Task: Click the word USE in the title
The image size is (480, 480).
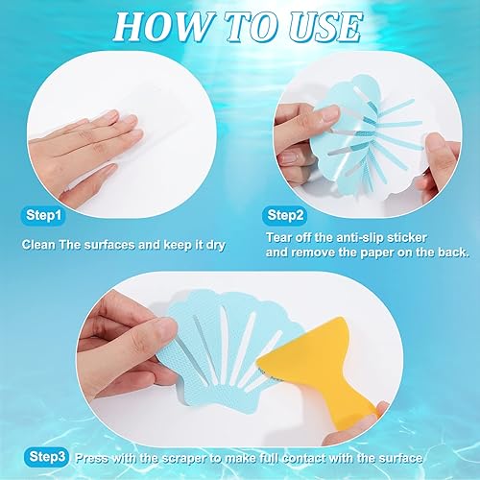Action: [x=324, y=27]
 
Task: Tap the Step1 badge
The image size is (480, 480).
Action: [x=43, y=215]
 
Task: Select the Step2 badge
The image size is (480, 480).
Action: [x=285, y=215]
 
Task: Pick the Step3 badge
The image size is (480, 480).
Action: [x=47, y=457]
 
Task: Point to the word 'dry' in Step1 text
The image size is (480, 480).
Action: [x=215, y=245]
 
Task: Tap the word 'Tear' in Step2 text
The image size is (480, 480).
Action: [x=278, y=238]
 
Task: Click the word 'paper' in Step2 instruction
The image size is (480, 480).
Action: [x=377, y=252]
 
